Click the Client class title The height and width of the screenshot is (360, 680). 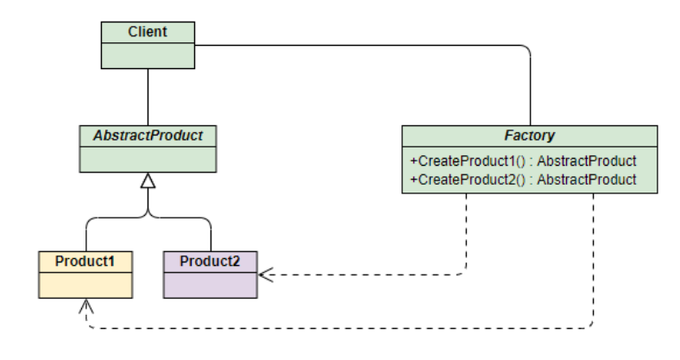pyautogui.click(x=148, y=32)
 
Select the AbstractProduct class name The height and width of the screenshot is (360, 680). pyautogui.click(x=148, y=136)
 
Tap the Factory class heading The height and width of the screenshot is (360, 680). pyautogui.click(x=530, y=136)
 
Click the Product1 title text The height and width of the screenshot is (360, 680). pyautogui.click(x=85, y=261)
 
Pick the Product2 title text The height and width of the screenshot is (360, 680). pyautogui.click(x=210, y=261)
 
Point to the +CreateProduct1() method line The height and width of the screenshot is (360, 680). pyautogui.click(x=524, y=161)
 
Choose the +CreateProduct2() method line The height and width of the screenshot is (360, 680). pyautogui.click(x=524, y=180)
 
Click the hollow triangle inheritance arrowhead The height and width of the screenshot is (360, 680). pyautogui.click(x=148, y=181)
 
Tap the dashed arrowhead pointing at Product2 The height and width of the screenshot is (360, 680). pyautogui.click(x=266, y=275)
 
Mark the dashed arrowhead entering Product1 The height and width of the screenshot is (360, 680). pyautogui.click(x=86, y=306)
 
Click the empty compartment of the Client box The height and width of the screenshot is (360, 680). pyautogui.click(x=148, y=56)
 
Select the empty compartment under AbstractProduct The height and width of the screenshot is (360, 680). pyautogui.click(x=148, y=160)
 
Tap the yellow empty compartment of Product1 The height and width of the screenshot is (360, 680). pyautogui.click(x=85, y=286)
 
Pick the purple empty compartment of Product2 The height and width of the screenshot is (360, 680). pyautogui.click(x=211, y=286)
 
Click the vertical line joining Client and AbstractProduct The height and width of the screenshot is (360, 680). pyautogui.click(x=148, y=98)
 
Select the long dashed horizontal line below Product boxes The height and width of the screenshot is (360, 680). pyautogui.click(x=340, y=328)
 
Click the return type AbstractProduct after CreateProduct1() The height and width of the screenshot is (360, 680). pyautogui.click(x=587, y=161)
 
